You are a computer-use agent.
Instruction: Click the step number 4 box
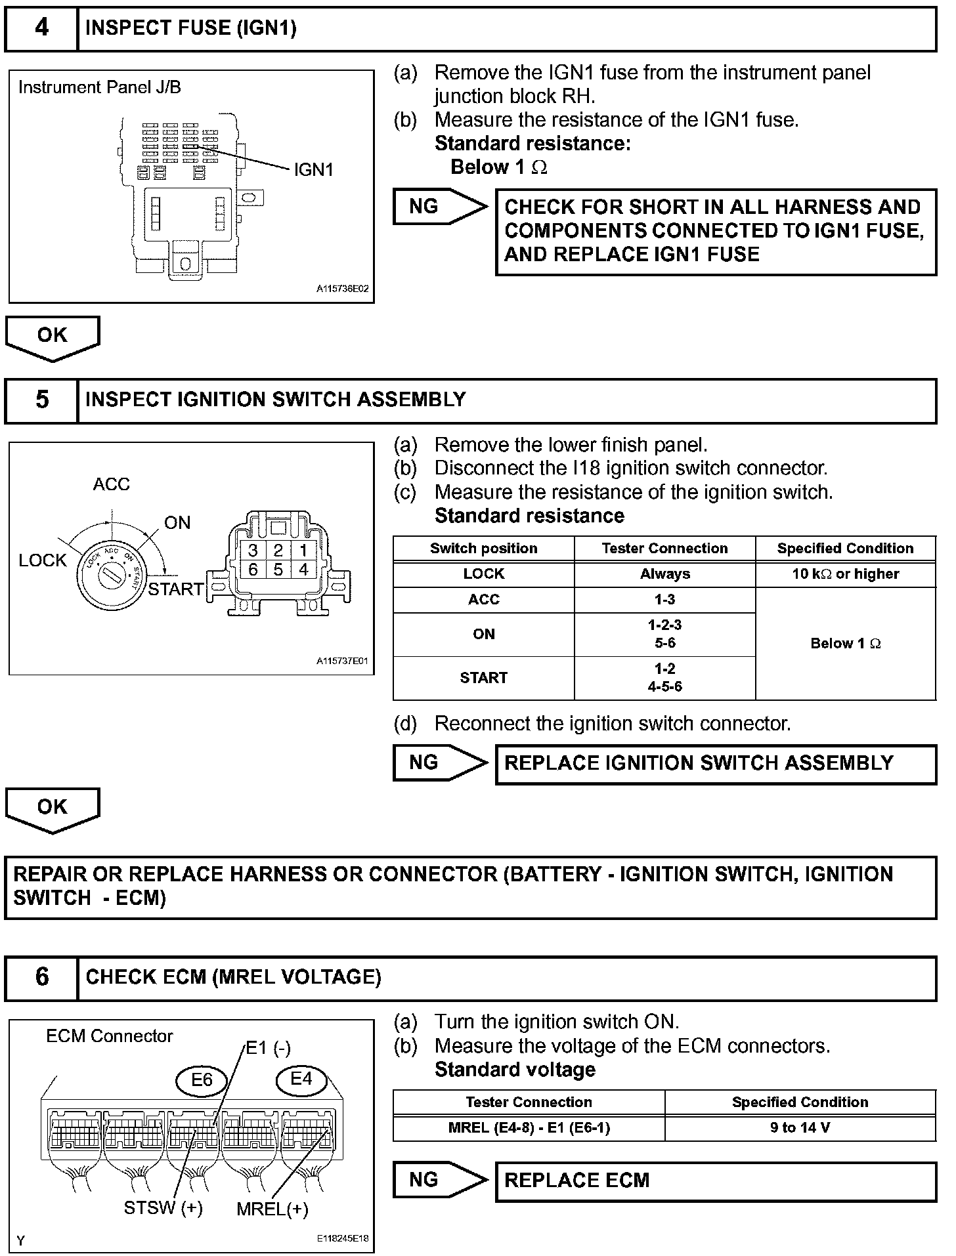pos(41,28)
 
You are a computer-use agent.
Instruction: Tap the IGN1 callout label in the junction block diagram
pos(313,170)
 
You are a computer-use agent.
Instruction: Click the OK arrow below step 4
pos(53,337)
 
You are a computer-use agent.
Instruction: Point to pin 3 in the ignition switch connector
pos(253,550)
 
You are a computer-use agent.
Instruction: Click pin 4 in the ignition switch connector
pos(303,569)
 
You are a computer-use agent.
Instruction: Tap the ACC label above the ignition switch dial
pos(112,484)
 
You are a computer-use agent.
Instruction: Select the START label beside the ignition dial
pos(175,589)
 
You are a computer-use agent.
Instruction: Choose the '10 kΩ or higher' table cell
pos(845,574)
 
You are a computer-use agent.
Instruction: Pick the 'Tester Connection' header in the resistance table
pos(664,549)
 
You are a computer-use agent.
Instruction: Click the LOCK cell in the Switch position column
pos(484,574)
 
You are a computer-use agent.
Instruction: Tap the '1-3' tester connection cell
pos(664,599)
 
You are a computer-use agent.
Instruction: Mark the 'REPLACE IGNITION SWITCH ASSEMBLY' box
pos(716,763)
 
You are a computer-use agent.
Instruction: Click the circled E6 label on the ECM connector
pos(202,1079)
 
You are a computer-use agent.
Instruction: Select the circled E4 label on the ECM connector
pos(301,1078)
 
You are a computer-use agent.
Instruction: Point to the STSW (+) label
pos(163,1207)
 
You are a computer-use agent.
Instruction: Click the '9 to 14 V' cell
pos(800,1127)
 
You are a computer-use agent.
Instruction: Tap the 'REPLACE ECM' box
pos(716,1180)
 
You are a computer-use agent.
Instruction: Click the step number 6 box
pos(41,977)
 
